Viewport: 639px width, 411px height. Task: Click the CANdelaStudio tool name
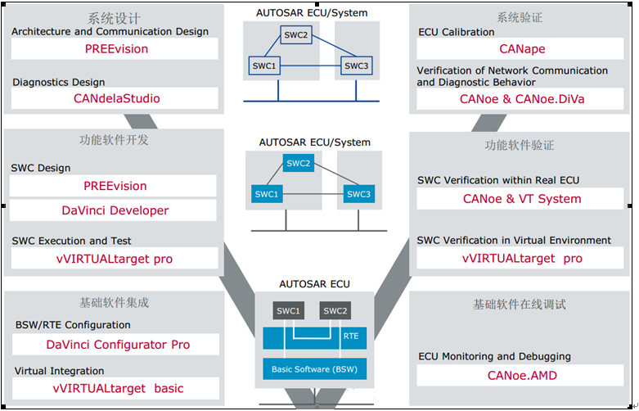[x=116, y=98]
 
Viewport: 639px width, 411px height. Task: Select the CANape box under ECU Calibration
[x=520, y=48]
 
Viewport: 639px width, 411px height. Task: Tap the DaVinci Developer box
[x=113, y=210]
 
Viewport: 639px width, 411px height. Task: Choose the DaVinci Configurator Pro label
[x=118, y=345]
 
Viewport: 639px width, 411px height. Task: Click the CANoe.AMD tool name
[x=522, y=376]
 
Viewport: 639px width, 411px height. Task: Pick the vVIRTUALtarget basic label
[x=118, y=388]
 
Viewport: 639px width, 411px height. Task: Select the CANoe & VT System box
[x=520, y=199]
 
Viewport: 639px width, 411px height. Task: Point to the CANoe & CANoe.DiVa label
[x=522, y=99]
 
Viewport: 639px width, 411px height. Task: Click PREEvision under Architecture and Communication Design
[x=116, y=49]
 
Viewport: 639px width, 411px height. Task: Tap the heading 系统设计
[x=114, y=18]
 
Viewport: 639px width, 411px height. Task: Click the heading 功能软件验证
[x=520, y=146]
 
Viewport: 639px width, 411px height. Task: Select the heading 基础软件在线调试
[x=520, y=305]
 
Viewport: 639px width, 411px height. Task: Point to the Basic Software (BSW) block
[x=315, y=369]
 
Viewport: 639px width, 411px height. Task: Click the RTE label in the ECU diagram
[x=351, y=336]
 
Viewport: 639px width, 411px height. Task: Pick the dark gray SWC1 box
[x=289, y=310]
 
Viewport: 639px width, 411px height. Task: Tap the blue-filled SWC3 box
[x=358, y=194]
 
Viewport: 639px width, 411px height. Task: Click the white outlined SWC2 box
[x=296, y=35]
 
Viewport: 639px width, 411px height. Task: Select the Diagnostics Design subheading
[x=59, y=83]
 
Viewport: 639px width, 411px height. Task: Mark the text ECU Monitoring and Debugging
[x=494, y=357]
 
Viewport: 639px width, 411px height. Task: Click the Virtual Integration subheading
[x=60, y=371]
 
